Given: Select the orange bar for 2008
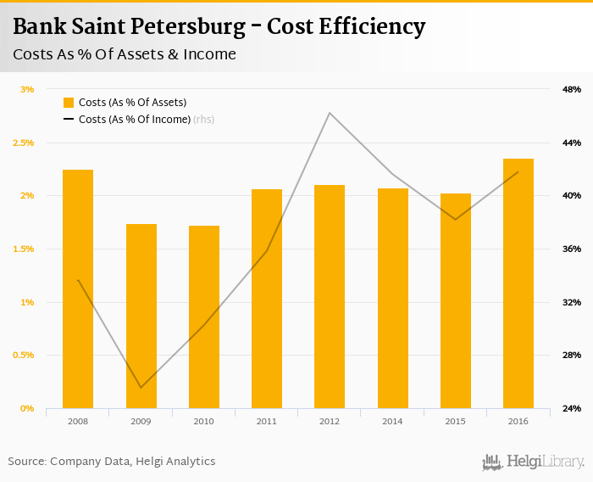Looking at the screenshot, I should tap(78, 289).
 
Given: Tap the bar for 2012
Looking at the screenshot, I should tap(330, 296).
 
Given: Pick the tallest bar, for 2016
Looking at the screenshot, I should tap(518, 283).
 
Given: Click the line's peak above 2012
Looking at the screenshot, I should tap(330, 113).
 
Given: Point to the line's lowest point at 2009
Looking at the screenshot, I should tap(141, 388).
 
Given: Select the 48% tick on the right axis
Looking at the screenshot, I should tap(571, 89).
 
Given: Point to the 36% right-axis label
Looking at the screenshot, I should tap(571, 249).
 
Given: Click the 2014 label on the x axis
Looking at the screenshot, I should tap(392, 421).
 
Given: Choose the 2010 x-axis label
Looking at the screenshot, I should tap(204, 421).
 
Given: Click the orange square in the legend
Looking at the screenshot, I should tap(69, 103).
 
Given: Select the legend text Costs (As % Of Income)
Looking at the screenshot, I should tap(134, 120).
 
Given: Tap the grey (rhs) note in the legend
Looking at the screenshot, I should tap(204, 120).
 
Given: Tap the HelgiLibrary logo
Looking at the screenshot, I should tap(534, 462).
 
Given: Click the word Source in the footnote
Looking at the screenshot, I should tap(25, 462).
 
